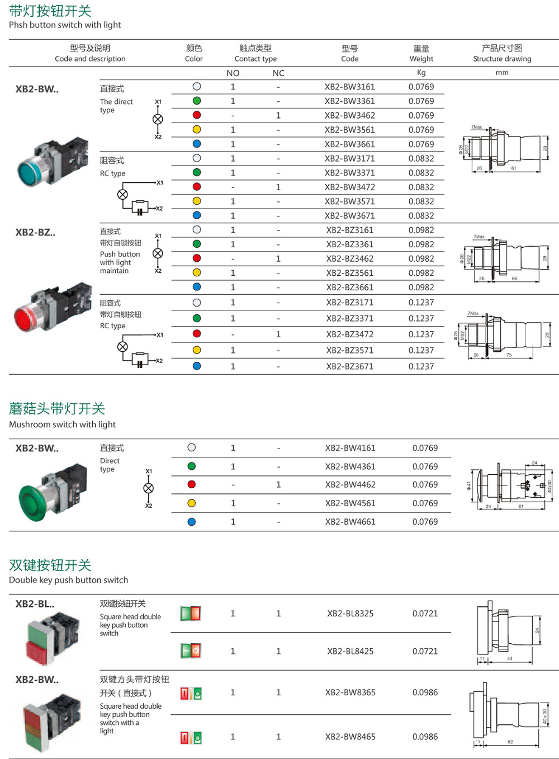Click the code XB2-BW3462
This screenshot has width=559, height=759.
349,116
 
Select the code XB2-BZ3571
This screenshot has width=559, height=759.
349,351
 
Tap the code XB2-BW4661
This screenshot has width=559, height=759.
350,522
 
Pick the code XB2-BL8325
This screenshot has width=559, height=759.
350,614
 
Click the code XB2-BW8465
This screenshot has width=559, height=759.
350,737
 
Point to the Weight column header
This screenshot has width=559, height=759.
421,53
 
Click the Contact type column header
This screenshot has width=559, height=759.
255,53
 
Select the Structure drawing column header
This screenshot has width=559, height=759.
502,53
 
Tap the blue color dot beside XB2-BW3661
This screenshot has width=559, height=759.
197,144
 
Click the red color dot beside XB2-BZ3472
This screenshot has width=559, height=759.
197,334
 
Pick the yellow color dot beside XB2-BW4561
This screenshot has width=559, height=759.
192,503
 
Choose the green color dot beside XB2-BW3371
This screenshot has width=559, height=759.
197,173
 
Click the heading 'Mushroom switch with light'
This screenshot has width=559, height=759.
62,425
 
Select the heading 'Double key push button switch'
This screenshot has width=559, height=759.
68,580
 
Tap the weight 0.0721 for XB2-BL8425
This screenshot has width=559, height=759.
425,652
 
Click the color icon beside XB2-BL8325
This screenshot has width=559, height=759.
191,614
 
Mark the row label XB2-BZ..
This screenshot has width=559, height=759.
35,233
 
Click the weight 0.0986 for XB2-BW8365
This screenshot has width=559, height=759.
425,692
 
